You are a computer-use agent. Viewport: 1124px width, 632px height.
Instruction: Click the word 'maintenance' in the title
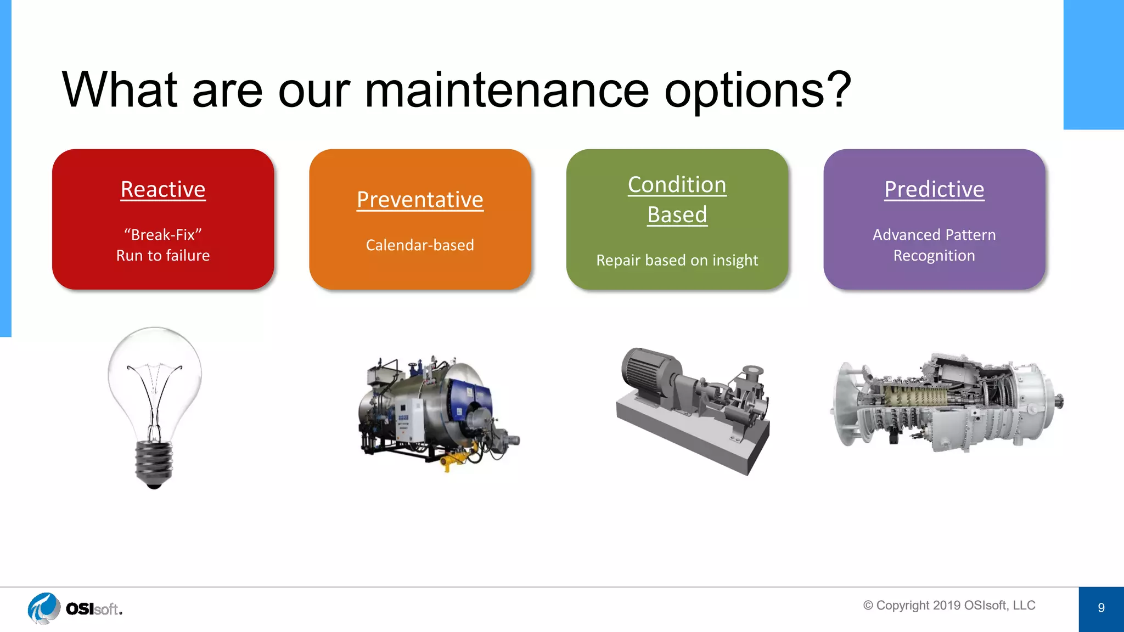click(507, 89)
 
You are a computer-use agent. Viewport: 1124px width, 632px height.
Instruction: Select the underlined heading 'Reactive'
click(163, 189)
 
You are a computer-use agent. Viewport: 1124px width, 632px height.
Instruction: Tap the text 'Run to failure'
click(163, 256)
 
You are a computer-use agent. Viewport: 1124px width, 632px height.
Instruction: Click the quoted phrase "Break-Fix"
click(163, 235)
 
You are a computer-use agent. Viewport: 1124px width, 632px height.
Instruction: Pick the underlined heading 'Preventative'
click(420, 200)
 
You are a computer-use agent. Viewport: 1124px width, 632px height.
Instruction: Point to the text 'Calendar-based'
click(420, 245)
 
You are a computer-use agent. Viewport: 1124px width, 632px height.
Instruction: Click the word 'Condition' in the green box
click(677, 185)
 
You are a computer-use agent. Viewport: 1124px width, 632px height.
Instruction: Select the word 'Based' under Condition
click(677, 215)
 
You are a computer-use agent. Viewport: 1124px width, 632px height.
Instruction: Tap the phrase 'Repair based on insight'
click(677, 260)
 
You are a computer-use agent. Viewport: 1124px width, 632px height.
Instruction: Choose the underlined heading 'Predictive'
click(934, 189)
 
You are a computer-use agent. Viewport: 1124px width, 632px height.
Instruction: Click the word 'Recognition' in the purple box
click(934, 256)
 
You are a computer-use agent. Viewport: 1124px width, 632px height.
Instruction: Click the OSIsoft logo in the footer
click(75, 608)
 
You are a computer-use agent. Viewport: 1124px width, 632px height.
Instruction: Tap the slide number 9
click(1101, 608)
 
